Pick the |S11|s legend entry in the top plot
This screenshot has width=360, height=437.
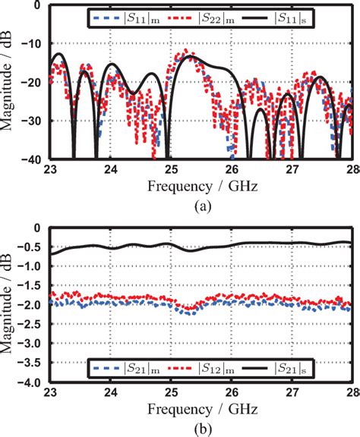pos(289,15)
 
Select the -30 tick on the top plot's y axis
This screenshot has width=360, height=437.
pos(32,121)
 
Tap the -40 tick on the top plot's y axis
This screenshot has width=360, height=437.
pos(32,159)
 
